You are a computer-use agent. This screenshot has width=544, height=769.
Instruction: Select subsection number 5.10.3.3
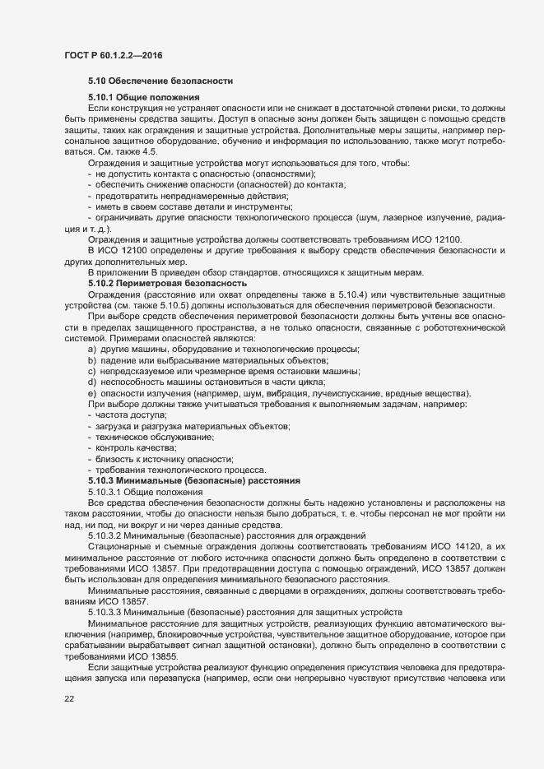click(106, 613)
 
